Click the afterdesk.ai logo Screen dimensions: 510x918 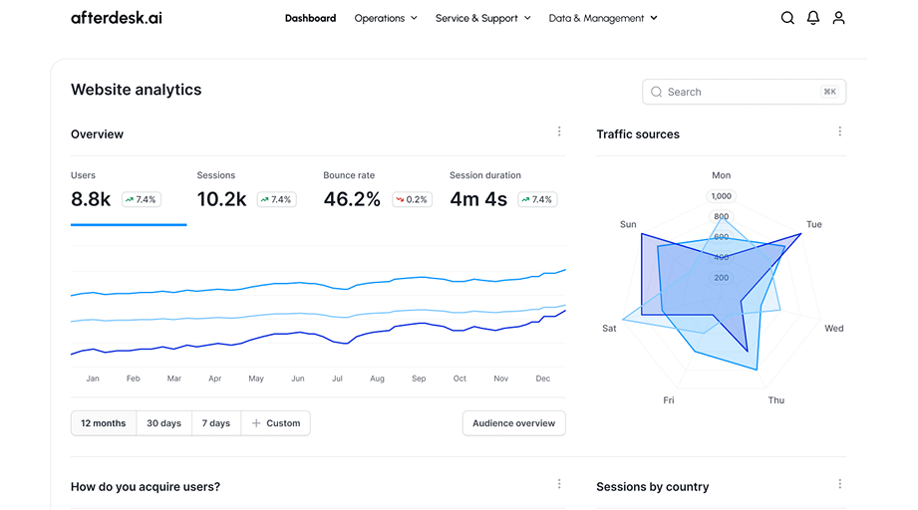[x=117, y=18]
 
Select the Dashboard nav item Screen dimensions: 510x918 [x=310, y=18]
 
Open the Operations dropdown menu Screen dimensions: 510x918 [x=386, y=18]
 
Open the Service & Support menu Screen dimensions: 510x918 [x=482, y=18]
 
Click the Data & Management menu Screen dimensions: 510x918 [x=603, y=18]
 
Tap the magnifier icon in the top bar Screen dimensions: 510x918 [x=787, y=18]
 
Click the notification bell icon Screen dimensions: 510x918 [x=813, y=18]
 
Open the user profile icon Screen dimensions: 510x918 [x=839, y=18]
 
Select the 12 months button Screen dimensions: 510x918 [x=104, y=423]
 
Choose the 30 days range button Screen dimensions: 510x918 [x=164, y=423]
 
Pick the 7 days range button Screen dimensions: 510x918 [x=216, y=423]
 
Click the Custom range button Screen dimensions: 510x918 [x=276, y=423]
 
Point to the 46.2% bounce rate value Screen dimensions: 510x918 [x=352, y=199]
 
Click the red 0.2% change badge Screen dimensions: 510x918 [x=411, y=199]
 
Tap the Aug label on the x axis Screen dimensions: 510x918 [x=377, y=379]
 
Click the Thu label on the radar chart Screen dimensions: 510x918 [x=775, y=400]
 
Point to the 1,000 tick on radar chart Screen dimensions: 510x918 [x=721, y=196]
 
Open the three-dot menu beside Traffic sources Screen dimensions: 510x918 [x=840, y=131]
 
